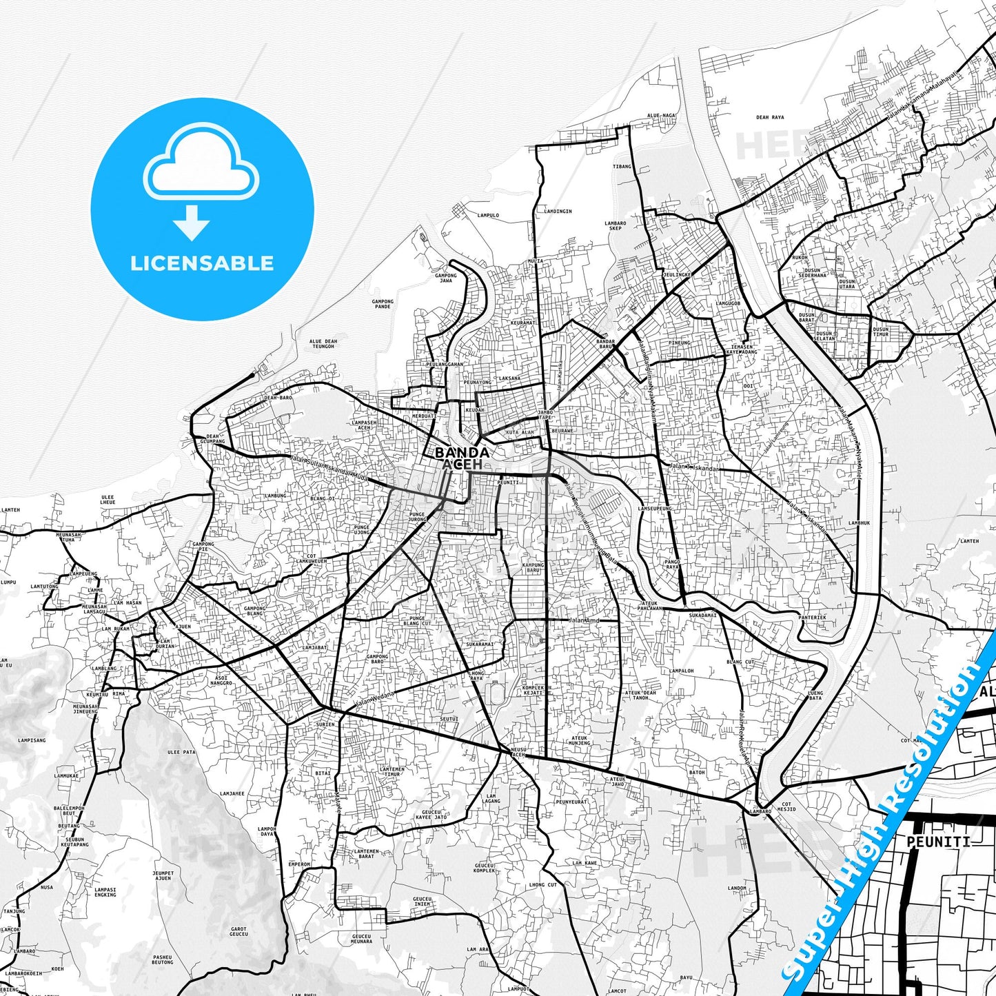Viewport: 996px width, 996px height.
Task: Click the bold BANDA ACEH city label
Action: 462,458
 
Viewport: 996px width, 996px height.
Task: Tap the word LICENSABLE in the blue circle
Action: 202,263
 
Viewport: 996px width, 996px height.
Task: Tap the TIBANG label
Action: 622,166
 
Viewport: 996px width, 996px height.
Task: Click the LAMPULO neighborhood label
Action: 487,215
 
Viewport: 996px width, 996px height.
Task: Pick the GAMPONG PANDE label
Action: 382,303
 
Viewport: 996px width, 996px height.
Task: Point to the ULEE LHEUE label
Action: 108,499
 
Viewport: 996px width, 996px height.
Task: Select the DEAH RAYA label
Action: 770,118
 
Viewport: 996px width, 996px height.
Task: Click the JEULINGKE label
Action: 676,274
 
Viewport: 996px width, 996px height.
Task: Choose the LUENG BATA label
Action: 815,695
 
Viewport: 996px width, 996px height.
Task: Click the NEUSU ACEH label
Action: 518,752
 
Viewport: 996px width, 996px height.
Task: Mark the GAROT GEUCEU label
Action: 238,931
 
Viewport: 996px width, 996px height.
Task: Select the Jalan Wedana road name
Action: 375,699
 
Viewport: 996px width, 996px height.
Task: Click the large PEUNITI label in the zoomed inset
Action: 938,842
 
